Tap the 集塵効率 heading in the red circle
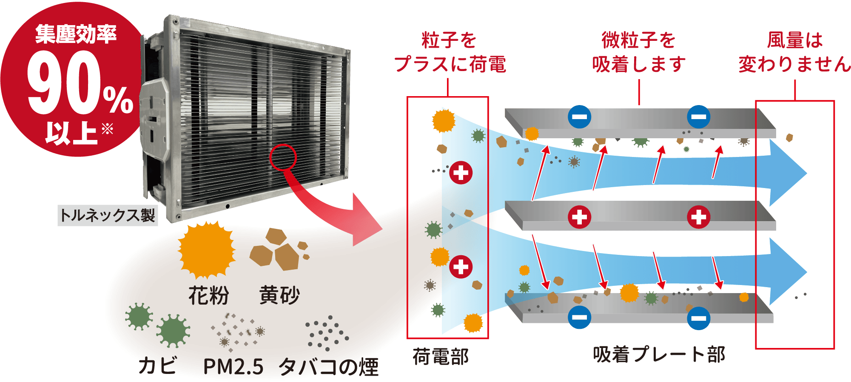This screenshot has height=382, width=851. (x=76, y=34)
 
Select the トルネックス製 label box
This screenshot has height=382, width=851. (x=108, y=215)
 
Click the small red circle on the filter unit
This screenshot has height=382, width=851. (x=283, y=157)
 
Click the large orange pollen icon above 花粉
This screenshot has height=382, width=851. (x=206, y=250)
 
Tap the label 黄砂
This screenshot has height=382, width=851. (x=279, y=295)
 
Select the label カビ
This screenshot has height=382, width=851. (x=157, y=365)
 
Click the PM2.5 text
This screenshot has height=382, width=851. (x=233, y=366)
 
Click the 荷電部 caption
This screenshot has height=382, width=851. (x=441, y=356)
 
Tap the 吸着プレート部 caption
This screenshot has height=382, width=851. (x=659, y=354)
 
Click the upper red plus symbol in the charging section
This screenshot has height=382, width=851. (x=461, y=173)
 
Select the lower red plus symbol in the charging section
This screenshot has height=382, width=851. (x=461, y=267)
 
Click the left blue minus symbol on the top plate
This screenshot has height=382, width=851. (x=579, y=117)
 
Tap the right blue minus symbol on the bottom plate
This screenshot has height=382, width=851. (x=698, y=318)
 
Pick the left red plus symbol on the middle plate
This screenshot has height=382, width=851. (x=579, y=217)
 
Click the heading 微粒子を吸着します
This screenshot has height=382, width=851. (x=639, y=52)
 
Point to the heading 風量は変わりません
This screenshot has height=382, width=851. (x=794, y=52)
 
